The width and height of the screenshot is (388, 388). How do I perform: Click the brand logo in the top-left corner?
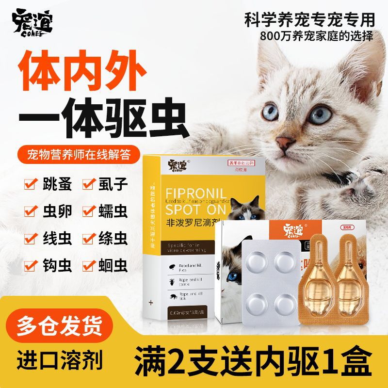[33, 21]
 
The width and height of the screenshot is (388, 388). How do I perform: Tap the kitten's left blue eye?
[272, 112]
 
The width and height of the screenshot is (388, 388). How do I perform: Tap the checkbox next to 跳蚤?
[31, 185]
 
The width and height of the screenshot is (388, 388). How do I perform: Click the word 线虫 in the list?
[51, 239]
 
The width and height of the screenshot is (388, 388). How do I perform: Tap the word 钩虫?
[51, 266]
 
